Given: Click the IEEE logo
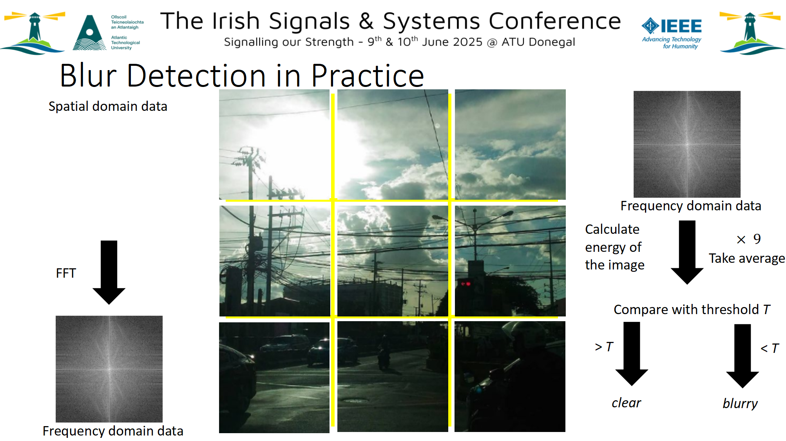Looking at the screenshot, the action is coord(672,33).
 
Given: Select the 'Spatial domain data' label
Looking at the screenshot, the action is coord(108,107).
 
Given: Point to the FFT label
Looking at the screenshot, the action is coord(66,273).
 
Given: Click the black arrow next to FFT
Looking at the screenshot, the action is coord(109,272).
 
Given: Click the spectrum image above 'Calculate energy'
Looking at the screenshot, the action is coord(687,144).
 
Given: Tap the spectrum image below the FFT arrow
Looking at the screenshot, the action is coord(109,369).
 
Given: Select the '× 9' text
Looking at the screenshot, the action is coord(749,239).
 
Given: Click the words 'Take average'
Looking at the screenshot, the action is coord(747,258).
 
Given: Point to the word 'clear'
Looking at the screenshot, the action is coord(626,403).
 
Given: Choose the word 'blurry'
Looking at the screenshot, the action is coord(740,403).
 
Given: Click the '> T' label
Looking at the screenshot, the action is coord(604,347).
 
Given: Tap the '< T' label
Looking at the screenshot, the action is coord(770,348).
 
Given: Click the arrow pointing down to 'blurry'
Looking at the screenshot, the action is coord(743,356).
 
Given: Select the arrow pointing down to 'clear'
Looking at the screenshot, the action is coord(632,354).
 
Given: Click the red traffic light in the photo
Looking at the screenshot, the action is coord(465,283).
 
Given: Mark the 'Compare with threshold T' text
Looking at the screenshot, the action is coord(692,309).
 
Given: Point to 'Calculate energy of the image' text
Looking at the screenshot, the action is coord(615,247).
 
